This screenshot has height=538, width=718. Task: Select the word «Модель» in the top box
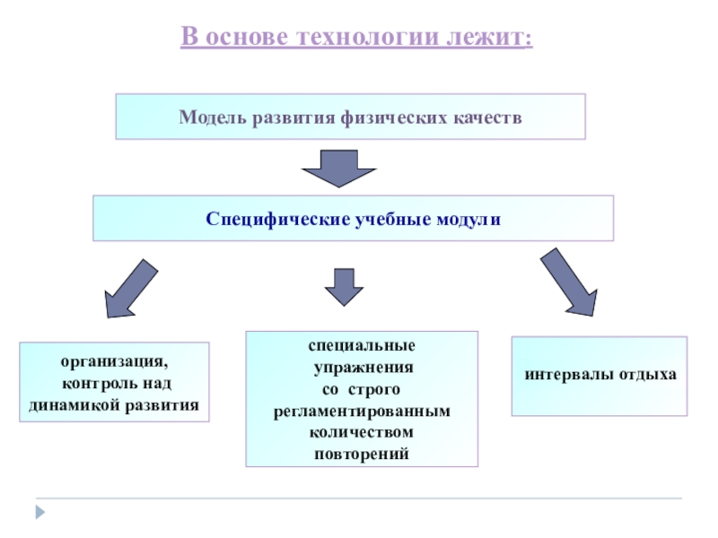212,117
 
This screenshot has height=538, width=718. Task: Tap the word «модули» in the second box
469,219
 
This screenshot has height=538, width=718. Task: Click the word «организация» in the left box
114,362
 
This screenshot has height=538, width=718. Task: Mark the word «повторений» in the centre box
362,454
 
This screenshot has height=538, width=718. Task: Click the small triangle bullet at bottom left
39,512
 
